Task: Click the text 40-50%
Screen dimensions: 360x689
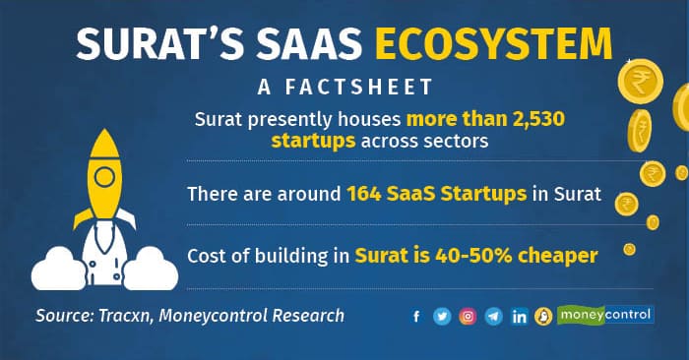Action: tap(507, 255)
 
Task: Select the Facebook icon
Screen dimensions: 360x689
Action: tap(417, 317)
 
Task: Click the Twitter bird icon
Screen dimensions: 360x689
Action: tap(442, 317)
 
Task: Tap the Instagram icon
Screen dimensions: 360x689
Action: tap(468, 317)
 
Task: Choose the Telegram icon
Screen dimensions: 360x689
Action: tap(493, 317)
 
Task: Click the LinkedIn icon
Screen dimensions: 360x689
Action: tap(519, 317)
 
